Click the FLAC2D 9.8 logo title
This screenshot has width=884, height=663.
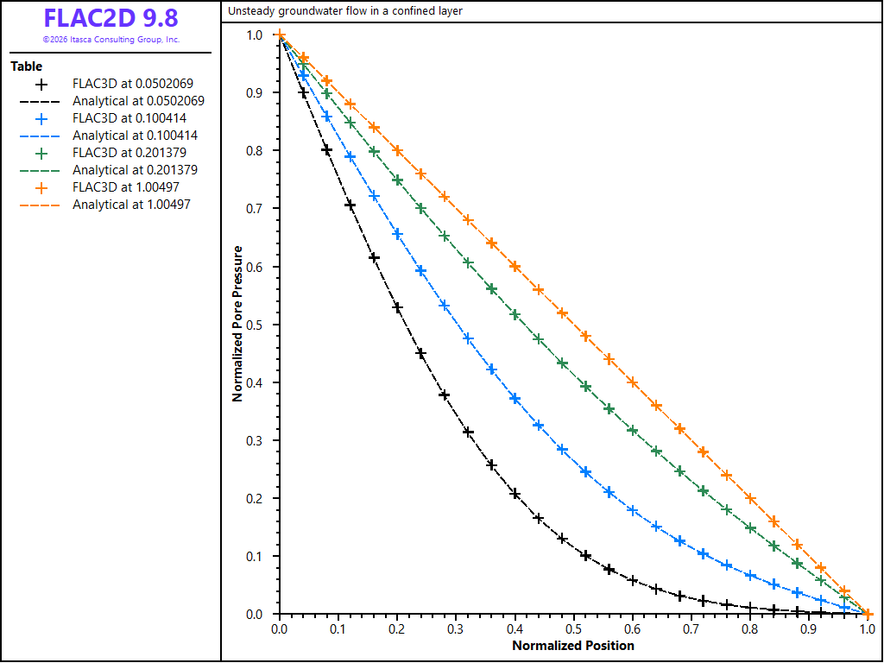coord(111,18)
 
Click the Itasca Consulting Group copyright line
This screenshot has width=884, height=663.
coord(111,40)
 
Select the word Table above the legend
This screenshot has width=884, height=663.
coord(27,66)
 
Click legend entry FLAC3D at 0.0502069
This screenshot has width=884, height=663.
coord(133,84)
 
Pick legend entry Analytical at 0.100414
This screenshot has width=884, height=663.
coord(136,136)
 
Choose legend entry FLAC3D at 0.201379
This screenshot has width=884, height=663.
coord(129,153)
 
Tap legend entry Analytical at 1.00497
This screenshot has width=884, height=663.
coord(132,205)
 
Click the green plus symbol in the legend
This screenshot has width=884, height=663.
coord(41,154)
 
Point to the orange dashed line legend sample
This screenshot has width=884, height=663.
coord(40,205)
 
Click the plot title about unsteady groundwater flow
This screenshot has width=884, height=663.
coord(345,10)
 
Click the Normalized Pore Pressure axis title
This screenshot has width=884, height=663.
coord(237,324)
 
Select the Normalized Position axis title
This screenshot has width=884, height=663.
coord(573,646)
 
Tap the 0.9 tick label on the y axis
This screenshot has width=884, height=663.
coord(255,92)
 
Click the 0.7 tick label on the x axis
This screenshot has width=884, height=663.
coord(691,628)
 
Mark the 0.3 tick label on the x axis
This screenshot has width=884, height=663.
coord(456,628)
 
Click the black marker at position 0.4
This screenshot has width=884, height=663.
coord(515,495)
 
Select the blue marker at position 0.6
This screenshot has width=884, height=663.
coord(633,510)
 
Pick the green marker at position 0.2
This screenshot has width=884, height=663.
coord(397,180)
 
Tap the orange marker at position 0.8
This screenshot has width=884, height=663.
coord(750,498)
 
